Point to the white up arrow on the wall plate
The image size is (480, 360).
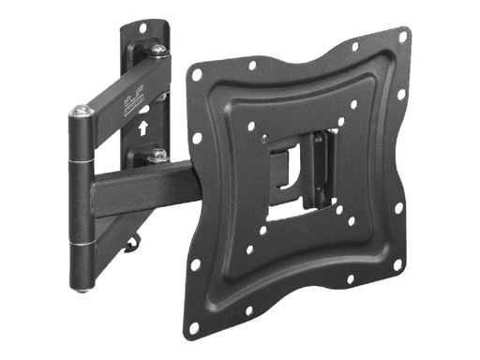(142, 121)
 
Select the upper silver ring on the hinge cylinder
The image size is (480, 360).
(84, 166)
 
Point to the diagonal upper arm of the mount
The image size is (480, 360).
(122, 84)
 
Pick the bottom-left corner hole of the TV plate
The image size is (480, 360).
(194, 327)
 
